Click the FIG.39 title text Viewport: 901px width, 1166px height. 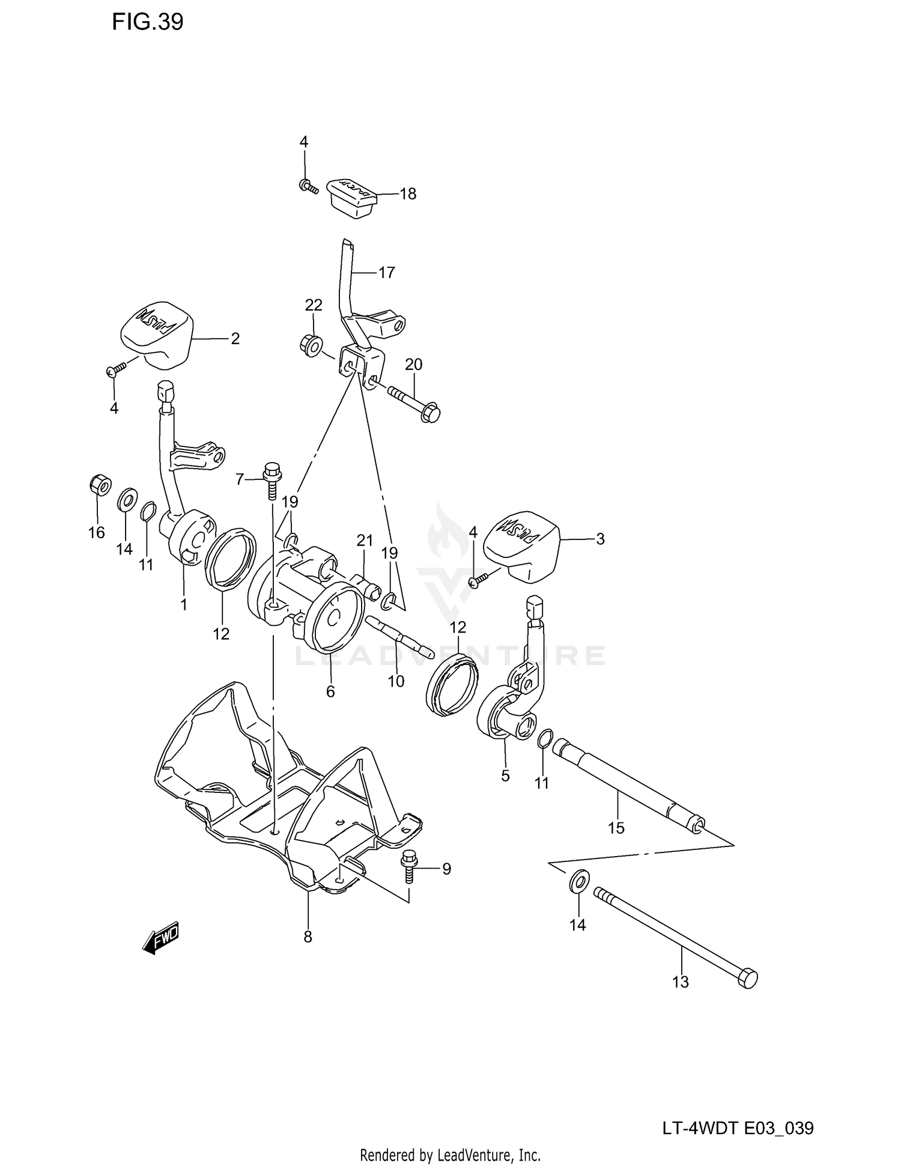tap(147, 22)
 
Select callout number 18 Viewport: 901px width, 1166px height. tap(408, 194)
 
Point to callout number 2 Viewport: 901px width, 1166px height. tap(235, 339)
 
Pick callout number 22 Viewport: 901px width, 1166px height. tap(314, 305)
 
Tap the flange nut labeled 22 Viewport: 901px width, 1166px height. tap(311, 346)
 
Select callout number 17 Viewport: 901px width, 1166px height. tap(386, 273)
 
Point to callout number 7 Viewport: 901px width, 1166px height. tap(240, 479)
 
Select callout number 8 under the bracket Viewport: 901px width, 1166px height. tap(308, 937)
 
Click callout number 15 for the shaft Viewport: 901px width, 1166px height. tap(616, 828)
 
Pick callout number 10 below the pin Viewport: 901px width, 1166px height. tap(396, 681)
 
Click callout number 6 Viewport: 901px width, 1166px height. tap(330, 691)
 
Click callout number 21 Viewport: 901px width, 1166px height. tap(365, 541)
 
